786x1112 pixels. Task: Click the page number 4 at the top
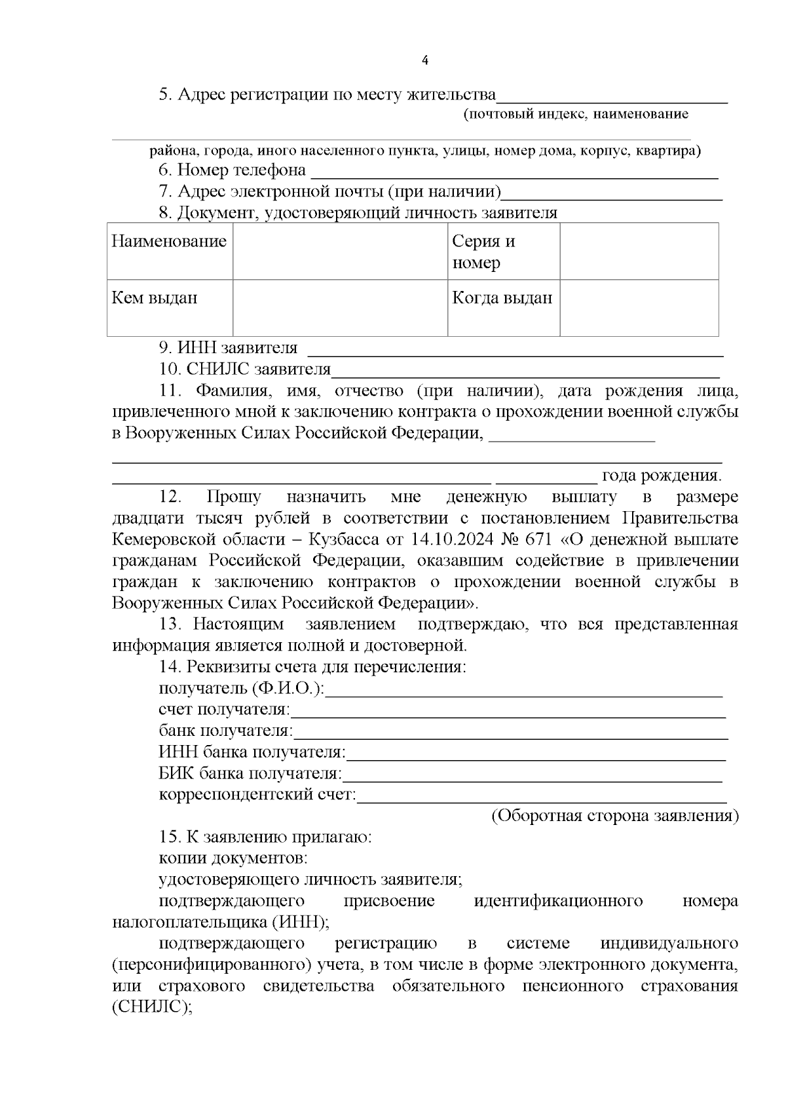click(425, 61)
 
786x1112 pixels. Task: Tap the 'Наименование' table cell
click(170, 242)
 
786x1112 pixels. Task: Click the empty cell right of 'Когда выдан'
click(639, 308)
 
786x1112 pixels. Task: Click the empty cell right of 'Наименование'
click(340, 252)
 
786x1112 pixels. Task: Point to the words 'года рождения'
click(662, 476)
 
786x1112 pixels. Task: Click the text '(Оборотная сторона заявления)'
click(614, 816)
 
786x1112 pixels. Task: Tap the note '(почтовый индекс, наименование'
click(576, 115)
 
